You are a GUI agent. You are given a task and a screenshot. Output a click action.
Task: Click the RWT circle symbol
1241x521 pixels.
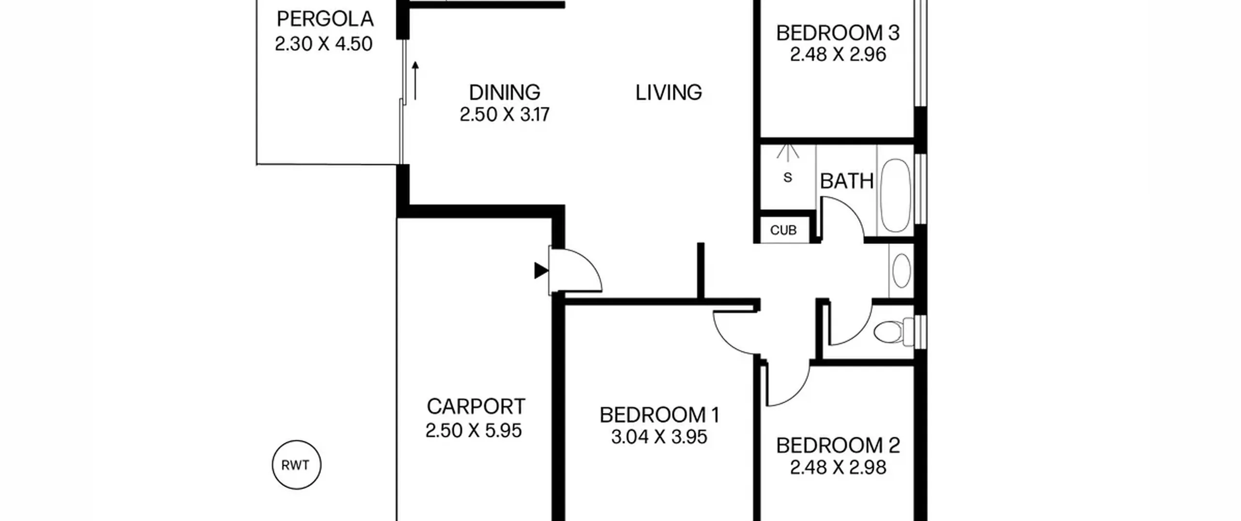(296, 465)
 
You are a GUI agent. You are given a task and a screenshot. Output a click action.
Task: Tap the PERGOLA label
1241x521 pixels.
(325, 19)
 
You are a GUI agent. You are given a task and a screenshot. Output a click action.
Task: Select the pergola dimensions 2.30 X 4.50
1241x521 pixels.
(323, 44)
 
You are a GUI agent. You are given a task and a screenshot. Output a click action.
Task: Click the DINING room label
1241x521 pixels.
(504, 92)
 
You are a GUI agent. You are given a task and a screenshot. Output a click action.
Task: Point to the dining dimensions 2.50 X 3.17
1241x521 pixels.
(504, 115)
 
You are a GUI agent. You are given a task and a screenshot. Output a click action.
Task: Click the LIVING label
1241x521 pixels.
(668, 92)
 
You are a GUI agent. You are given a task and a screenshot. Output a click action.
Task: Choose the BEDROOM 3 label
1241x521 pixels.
(838, 33)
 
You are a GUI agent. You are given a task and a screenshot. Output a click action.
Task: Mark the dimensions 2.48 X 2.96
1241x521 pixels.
(838, 54)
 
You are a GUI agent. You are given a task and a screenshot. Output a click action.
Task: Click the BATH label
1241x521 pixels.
(846, 181)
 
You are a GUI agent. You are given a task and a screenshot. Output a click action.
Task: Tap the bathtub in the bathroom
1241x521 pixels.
(895, 195)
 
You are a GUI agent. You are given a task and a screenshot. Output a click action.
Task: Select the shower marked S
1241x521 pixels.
(788, 177)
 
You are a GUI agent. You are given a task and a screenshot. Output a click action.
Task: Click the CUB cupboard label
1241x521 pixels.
(783, 230)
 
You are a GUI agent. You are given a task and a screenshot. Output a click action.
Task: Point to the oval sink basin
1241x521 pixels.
(901, 270)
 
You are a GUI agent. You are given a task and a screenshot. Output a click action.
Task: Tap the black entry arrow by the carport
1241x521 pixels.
(541, 270)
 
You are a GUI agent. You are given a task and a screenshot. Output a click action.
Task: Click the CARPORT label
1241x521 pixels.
(476, 407)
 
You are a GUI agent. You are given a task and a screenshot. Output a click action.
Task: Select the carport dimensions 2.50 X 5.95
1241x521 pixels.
(474, 430)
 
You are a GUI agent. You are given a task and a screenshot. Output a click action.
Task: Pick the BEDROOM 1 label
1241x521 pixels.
(659, 415)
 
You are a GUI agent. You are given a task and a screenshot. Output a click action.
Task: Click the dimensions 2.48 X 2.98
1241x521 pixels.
(838, 467)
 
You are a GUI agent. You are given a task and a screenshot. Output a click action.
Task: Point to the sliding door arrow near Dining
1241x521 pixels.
(415, 81)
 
